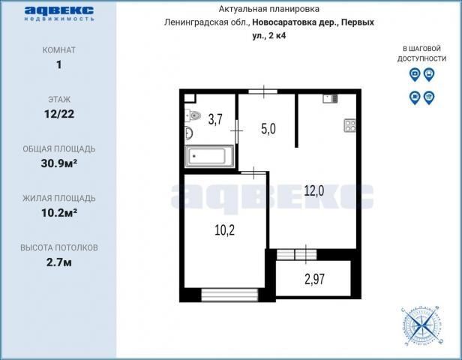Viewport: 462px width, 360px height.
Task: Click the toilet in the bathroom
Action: [x=193, y=115]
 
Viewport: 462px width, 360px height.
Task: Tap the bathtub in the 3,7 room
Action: [x=209, y=156]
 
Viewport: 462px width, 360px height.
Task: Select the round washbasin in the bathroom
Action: [x=188, y=133]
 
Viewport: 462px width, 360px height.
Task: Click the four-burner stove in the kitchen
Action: [x=350, y=125]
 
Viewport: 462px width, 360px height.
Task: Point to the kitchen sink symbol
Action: [x=330, y=99]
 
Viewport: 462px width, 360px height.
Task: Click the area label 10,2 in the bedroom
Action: [x=225, y=230]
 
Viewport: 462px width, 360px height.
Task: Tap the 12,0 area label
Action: [x=314, y=191]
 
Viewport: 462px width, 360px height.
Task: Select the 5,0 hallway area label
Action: [x=268, y=129]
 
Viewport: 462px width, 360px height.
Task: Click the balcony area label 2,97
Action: [x=315, y=279]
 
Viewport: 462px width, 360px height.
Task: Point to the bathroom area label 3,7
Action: [x=215, y=119]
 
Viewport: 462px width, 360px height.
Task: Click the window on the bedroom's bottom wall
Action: [x=229, y=295]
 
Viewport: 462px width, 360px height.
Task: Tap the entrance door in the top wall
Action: [x=263, y=91]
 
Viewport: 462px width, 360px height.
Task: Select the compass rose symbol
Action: [x=422, y=325]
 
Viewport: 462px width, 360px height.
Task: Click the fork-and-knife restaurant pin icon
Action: [x=429, y=97]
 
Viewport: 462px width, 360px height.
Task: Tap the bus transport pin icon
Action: [x=429, y=74]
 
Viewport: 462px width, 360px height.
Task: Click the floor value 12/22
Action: [x=59, y=114]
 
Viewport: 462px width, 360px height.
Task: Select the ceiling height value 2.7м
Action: [x=59, y=262]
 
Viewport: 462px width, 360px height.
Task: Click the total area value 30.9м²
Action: [x=59, y=163]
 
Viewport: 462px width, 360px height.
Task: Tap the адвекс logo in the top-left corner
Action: [x=59, y=13]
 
